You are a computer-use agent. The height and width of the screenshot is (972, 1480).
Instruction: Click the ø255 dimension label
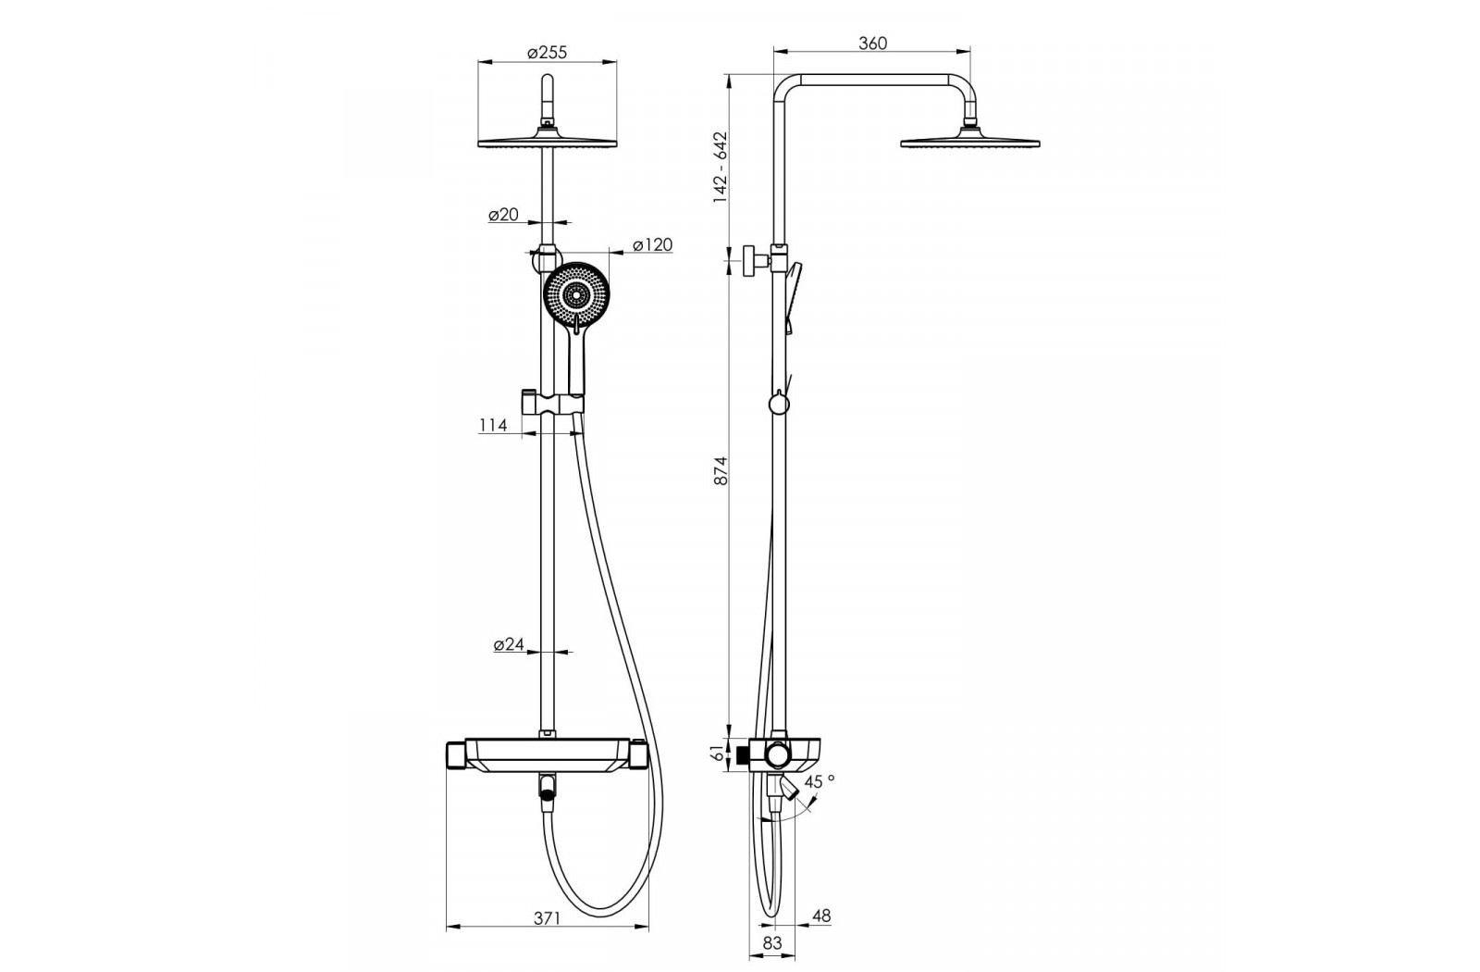[x=547, y=52]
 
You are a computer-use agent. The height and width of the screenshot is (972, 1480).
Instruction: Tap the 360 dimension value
[x=872, y=44]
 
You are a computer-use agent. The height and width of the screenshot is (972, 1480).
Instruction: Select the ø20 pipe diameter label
[x=503, y=214]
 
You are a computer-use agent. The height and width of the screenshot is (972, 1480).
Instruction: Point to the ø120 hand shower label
[x=652, y=244]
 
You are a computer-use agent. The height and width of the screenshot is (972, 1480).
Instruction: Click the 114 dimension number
[x=493, y=425]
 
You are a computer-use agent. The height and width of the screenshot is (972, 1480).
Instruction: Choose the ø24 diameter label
[x=509, y=644]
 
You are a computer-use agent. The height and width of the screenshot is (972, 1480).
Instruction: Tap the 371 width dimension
[x=547, y=918]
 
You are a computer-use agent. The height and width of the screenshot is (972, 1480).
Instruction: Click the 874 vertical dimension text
[x=721, y=471]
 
